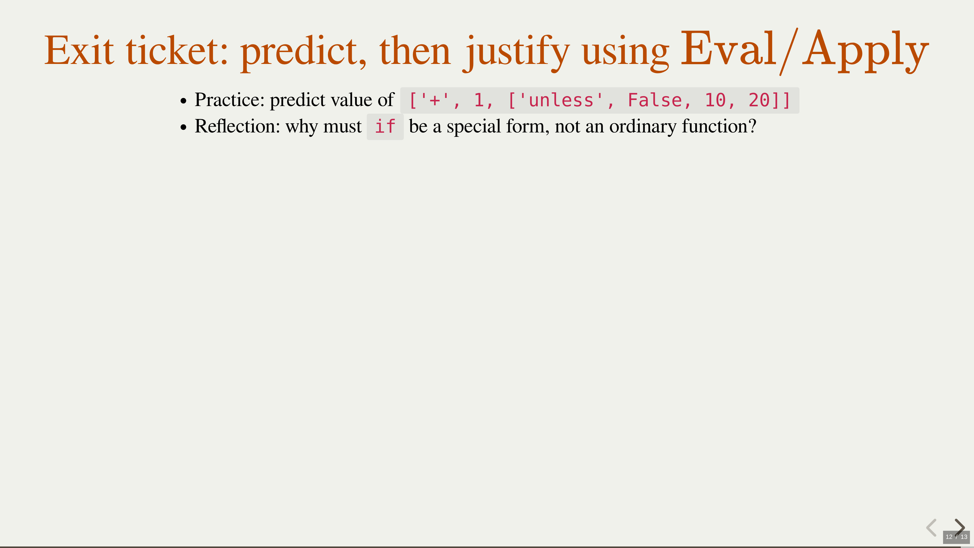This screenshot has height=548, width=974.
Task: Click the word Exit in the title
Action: [x=79, y=50]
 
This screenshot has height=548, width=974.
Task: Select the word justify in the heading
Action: [x=516, y=53]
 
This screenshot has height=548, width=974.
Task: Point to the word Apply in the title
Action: [x=865, y=51]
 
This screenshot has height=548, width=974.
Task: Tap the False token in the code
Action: [x=655, y=100]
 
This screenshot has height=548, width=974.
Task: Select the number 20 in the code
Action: [x=759, y=100]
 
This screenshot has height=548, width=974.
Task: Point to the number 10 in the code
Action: [x=715, y=100]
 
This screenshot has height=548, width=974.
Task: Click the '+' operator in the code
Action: [x=434, y=100]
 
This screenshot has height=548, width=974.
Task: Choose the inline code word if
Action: [x=385, y=127]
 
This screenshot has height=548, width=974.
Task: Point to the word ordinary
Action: [x=642, y=127]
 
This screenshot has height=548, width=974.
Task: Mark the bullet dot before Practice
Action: [x=184, y=101]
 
